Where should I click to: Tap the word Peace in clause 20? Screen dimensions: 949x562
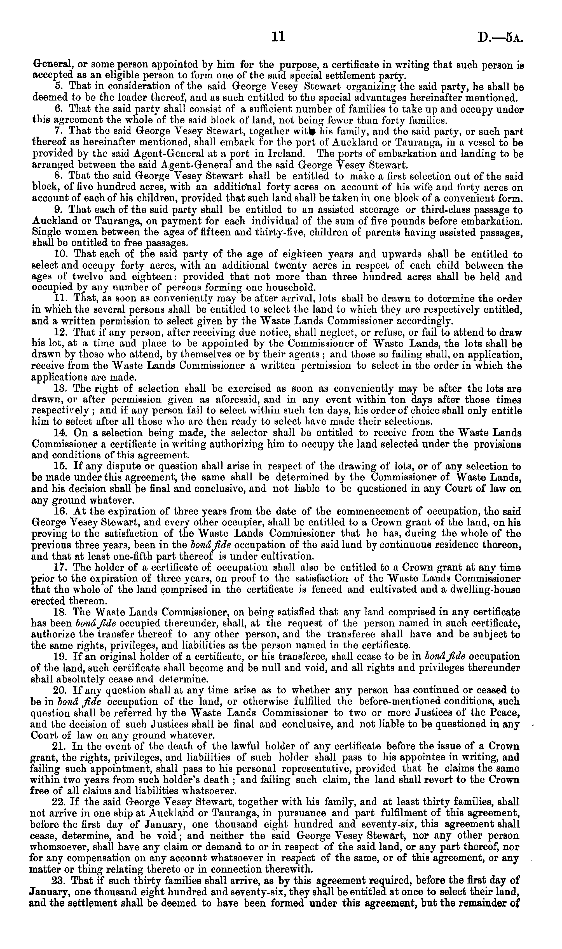click(x=503, y=712)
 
